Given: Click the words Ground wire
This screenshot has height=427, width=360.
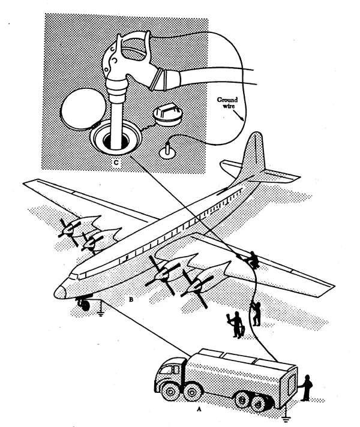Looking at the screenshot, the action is click(227, 103).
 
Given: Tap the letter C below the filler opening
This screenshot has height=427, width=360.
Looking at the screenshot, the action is click(116, 163).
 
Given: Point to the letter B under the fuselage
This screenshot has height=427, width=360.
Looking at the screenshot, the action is click(131, 299).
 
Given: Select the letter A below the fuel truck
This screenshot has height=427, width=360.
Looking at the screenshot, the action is click(199, 409).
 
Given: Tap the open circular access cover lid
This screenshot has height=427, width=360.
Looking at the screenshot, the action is click(83, 109).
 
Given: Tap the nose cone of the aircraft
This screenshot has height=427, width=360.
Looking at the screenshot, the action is click(59, 292).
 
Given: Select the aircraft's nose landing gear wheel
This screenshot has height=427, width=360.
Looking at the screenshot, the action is click(85, 305).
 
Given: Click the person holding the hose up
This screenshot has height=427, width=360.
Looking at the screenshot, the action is click(256, 314).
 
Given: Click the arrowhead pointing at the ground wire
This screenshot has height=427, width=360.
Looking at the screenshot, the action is click(242, 118).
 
